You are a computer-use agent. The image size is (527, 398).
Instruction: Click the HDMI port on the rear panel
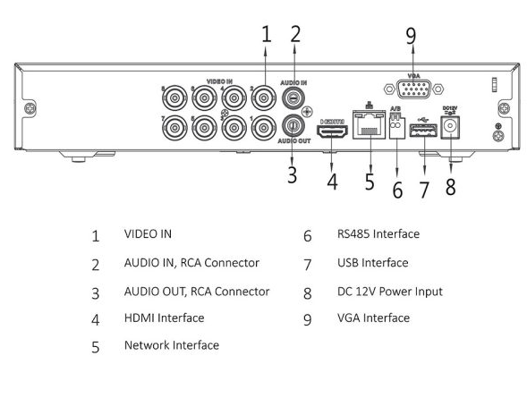point(332,131)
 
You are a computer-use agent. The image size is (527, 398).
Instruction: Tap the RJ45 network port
point(369,124)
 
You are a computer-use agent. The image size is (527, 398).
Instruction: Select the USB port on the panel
point(423,131)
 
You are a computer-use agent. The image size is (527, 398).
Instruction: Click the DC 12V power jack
point(450,126)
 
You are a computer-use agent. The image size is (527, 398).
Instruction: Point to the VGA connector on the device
point(413,89)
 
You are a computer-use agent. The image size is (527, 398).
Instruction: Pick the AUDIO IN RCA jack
point(293,97)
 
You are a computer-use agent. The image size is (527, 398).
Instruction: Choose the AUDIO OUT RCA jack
point(293,125)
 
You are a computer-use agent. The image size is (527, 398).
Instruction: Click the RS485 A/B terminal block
point(396,126)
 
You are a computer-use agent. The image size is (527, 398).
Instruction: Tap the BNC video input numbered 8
point(174,98)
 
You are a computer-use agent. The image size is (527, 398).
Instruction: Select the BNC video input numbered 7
point(174,128)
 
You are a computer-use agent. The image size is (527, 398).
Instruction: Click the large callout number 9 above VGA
point(411,36)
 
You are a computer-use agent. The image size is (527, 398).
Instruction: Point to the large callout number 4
point(332,182)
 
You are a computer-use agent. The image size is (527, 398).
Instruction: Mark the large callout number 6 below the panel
point(397,190)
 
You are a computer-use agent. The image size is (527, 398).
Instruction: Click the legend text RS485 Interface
point(378,233)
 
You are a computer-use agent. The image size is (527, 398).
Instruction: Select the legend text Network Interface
point(172,345)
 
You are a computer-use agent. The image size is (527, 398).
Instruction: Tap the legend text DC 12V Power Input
point(390,292)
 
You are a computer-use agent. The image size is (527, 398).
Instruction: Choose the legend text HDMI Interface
point(165,318)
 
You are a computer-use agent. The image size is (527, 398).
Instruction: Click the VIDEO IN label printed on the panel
point(219,81)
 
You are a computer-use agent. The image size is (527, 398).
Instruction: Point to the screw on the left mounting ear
point(30,108)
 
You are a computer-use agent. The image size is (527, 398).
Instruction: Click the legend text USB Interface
point(373,263)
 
